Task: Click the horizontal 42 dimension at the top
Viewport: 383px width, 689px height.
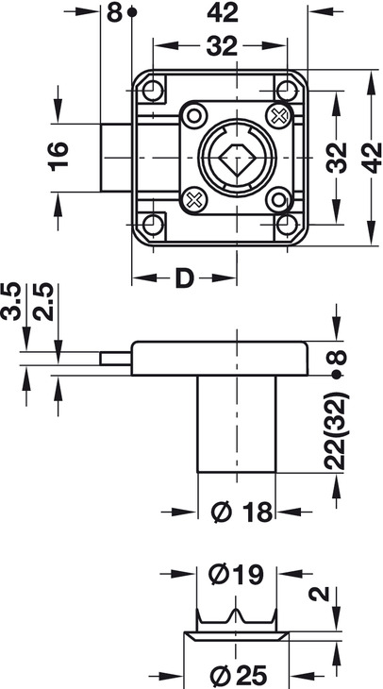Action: click(x=223, y=13)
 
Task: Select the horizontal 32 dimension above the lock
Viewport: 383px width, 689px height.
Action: click(x=222, y=45)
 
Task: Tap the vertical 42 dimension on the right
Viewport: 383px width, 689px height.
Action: click(x=373, y=158)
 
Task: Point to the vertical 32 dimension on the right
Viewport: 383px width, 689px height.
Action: click(x=339, y=158)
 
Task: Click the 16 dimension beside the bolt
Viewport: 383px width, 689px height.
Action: click(x=58, y=157)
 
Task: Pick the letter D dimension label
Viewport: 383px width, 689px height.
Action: click(x=185, y=278)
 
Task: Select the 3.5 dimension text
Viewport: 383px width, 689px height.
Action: click(x=11, y=301)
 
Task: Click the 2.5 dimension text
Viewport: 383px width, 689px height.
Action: click(x=43, y=301)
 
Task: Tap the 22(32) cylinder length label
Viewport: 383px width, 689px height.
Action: click(x=337, y=430)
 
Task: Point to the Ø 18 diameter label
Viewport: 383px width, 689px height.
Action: click(x=241, y=512)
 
